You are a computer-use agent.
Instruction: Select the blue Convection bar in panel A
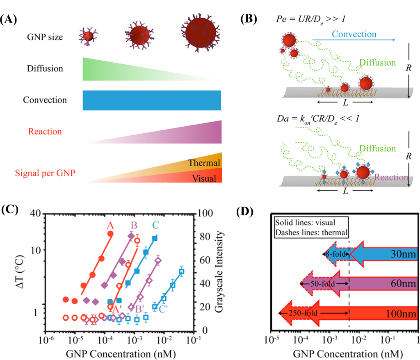[x=152, y=100]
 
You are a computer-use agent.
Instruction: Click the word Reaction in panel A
[x=45, y=132]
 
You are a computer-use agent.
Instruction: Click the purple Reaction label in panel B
[x=392, y=177]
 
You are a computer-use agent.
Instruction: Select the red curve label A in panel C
[x=110, y=225]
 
